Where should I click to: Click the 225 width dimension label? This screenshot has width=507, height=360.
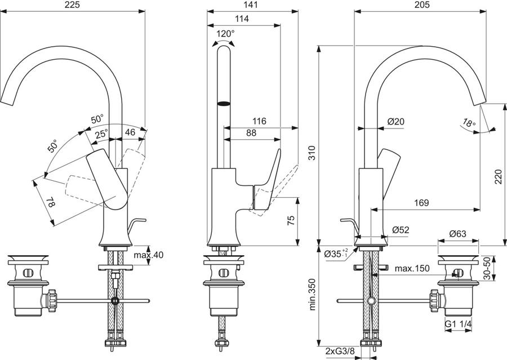(73, 5)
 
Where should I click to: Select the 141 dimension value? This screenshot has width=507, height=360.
(250, 5)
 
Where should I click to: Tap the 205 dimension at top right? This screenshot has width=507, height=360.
(422, 5)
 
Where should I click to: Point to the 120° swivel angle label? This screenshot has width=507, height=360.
(225, 34)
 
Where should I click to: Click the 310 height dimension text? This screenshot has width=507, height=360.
(312, 153)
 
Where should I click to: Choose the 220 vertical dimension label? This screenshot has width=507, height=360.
(499, 176)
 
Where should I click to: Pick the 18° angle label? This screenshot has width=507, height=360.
(469, 123)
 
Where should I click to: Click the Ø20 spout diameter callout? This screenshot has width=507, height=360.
(396, 122)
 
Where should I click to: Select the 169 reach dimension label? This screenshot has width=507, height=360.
(421, 203)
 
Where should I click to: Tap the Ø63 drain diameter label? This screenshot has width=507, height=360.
(458, 233)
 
